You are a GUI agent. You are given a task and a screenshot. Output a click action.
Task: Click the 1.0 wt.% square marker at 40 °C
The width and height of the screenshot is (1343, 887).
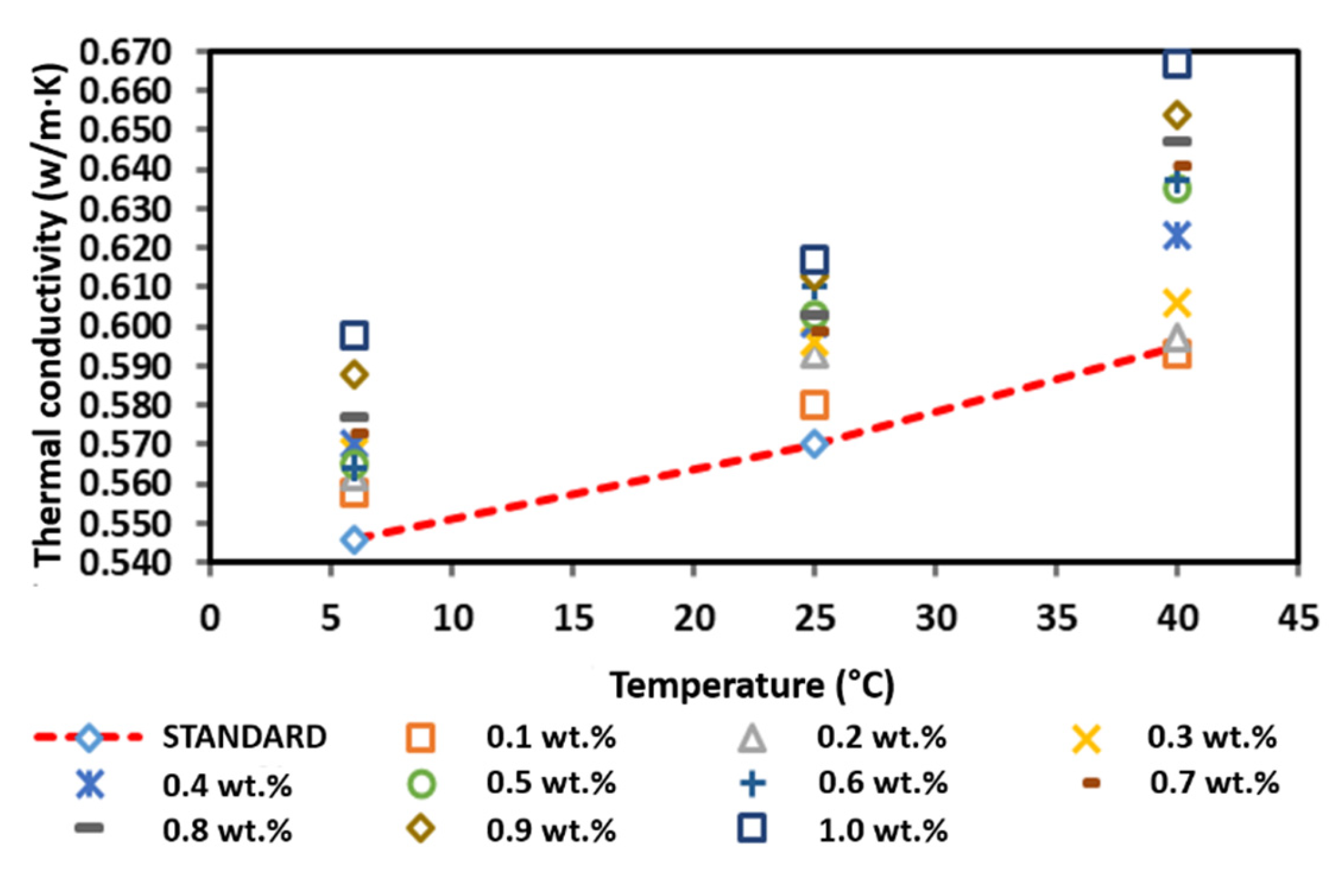click(x=1176, y=64)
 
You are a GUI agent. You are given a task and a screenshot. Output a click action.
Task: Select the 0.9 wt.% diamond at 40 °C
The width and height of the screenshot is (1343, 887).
click(x=1176, y=116)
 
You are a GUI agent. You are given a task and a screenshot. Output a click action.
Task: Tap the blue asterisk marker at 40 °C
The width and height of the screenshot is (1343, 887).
click(x=1176, y=235)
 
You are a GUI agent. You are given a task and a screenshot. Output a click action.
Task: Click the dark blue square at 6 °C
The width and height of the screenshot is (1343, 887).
click(x=354, y=335)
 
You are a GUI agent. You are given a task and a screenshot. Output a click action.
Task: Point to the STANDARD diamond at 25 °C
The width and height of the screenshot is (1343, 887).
click(x=815, y=444)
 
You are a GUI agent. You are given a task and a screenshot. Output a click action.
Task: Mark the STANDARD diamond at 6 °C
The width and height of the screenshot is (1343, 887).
click(x=354, y=540)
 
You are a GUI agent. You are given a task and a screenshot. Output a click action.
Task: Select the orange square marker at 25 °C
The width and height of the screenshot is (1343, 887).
click(x=815, y=405)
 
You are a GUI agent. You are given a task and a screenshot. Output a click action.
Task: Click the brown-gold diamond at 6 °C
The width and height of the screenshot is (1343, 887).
click(x=354, y=375)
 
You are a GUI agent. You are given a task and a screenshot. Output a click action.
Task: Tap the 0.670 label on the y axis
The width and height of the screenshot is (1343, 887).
click(x=125, y=52)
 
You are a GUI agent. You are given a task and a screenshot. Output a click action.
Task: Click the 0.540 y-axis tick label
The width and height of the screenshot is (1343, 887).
click(x=125, y=563)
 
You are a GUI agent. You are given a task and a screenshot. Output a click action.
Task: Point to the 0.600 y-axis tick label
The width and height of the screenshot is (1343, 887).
click(x=125, y=326)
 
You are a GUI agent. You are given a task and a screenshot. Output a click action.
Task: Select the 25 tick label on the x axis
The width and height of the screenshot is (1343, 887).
click(x=815, y=618)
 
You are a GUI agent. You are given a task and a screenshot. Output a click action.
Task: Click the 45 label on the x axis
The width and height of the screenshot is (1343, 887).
click(x=1298, y=618)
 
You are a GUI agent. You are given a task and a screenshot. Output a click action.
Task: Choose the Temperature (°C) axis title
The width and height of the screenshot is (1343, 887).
click(x=751, y=685)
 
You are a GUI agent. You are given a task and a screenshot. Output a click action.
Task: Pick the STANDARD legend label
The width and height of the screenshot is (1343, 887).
click(x=244, y=737)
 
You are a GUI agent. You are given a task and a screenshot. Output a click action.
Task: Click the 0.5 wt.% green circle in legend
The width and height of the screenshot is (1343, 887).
click(x=421, y=783)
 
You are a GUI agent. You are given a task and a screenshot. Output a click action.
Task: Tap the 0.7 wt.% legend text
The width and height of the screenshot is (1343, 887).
click(x=1214, y=783)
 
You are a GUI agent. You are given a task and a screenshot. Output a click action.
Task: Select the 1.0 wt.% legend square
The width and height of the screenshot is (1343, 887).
click(x=752, y=828)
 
